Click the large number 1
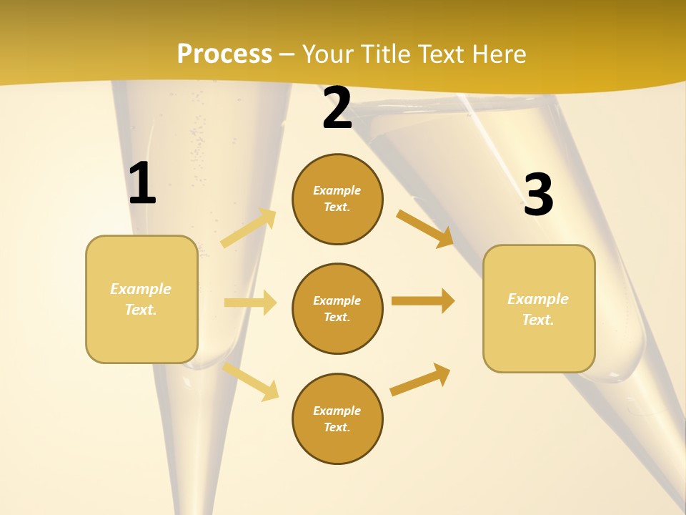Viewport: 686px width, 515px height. pyautogui.click(x=142, y=184)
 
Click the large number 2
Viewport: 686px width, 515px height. pyautogui.click(x=337, y=109)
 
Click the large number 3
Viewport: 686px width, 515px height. pyautogui.click(x=538, y=195)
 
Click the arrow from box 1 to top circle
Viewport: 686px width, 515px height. pyautogui.click(x=249, y=228)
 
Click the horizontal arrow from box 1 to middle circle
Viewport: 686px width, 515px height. pyautogui.click(x=250, y=303)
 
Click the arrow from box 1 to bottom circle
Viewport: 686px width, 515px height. pyautogui.click(x=251, y=382)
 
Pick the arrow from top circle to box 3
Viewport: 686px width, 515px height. pyautogui.click(x=425, y=228)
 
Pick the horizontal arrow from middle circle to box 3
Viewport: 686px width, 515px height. pyautogui.click(x=423, y=300)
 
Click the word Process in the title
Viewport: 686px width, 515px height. pyautogui.click(x=224, y=54)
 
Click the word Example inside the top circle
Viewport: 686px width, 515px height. pyautogui.click(x=337, y=190)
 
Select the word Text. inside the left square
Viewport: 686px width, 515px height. pyautogui.click(x=141, y=310)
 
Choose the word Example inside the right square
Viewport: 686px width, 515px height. pyautogui.click(x=538, y=299)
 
